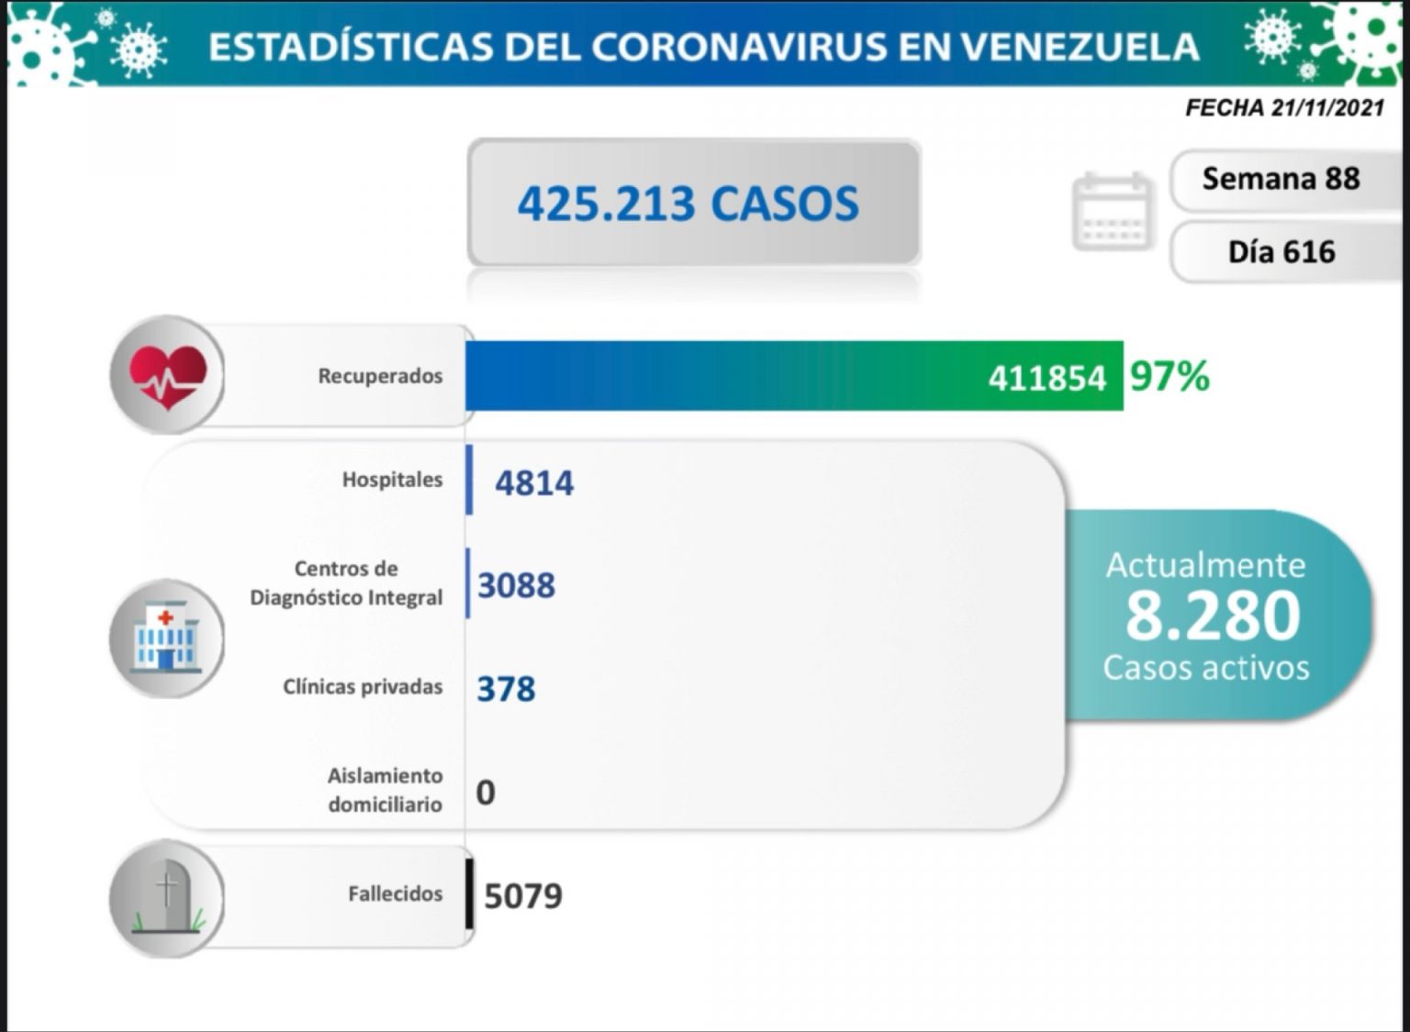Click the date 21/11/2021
[x=1327, y=108]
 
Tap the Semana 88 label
[x=1281, y=179]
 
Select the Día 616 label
[x=1281, y=251]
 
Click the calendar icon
[x=1112, y=211]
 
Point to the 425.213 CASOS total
[x=688, y=203]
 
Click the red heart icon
[x=167, y=375]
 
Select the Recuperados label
[x=380, y=376]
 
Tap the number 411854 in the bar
[x=1046, y=378]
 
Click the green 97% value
[x=1169, y=376]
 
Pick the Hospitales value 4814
[x=534, y=483]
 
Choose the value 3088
[x=516, y=585]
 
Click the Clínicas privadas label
[x=363, y=687]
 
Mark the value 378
[x=506, y=689]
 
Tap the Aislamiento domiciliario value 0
[x=486, y=792]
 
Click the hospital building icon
[x=166, y=638]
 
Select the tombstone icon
[x=167, y=898]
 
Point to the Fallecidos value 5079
[x=522, y=895]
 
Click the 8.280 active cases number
[x=1213, y=616]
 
